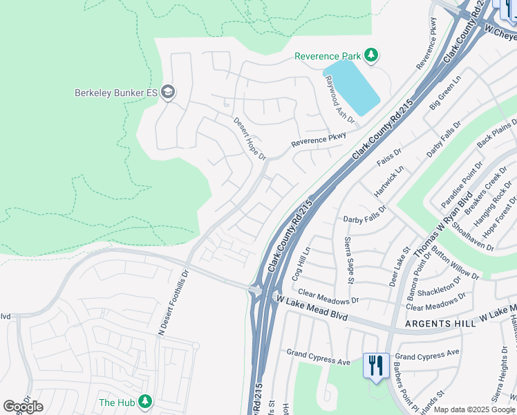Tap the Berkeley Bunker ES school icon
click(167, 92)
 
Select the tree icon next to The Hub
click(144, 402)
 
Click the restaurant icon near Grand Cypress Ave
click(375, 365)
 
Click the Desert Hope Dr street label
click(250, 138)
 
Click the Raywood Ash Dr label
click(339, 101)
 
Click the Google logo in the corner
click(23, 407)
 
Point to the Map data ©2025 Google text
click(474, 409)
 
